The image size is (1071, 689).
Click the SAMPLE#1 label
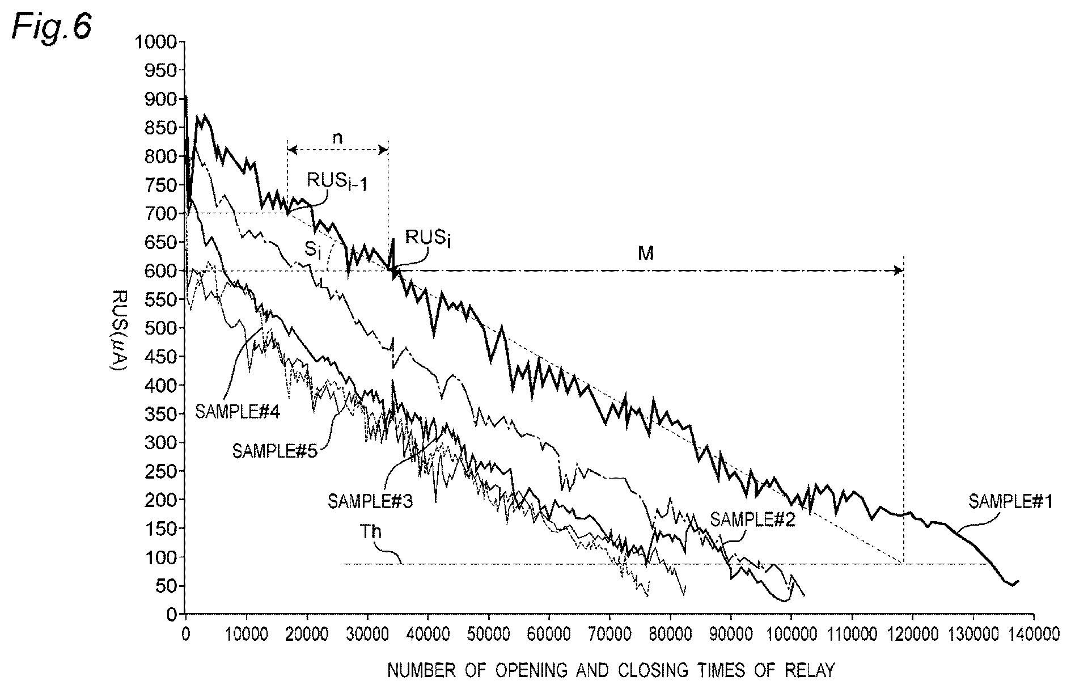(x=1010, y=501)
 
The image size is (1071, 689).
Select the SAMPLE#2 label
(x=752, y=520)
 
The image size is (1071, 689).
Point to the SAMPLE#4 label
(x=238, y=411)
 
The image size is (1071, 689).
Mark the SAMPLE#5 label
(x=275, y=453)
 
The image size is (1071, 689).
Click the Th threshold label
(x=370, y=532)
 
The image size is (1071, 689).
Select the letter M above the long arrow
(x=646, y=253)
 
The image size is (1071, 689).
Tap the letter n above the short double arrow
(x=337, y=138)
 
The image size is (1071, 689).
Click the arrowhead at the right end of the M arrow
(x=899, y=270)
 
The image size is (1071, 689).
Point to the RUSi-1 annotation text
(x=337, y=183)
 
